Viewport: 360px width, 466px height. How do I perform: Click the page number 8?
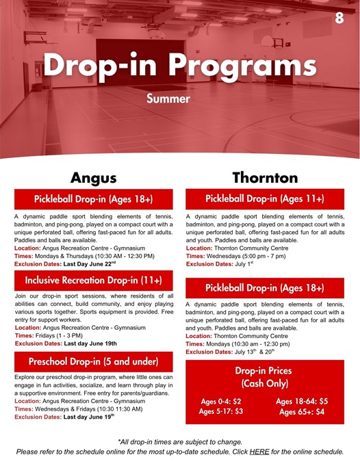[x=339, y=18]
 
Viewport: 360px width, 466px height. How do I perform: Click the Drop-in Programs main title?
[x=180, y=66]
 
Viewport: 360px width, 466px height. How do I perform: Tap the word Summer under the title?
[x=168, y=99]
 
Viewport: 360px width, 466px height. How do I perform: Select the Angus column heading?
[x=94, y=178]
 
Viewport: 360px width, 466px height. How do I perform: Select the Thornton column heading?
[x=265, y=178]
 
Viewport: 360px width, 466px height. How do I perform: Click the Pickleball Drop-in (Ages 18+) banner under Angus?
[x=94, y=199]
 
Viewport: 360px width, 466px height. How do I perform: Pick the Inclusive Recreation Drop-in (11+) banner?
[x=94, y=281]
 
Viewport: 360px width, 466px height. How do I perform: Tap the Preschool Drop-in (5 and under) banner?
[x=94, y=361]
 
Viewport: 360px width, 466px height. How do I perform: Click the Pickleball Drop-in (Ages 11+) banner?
[x=265, y=199]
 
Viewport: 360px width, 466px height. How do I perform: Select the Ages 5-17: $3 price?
[x=220, y=412]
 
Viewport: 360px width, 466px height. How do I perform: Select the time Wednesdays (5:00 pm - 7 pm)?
[x=248, y=256]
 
